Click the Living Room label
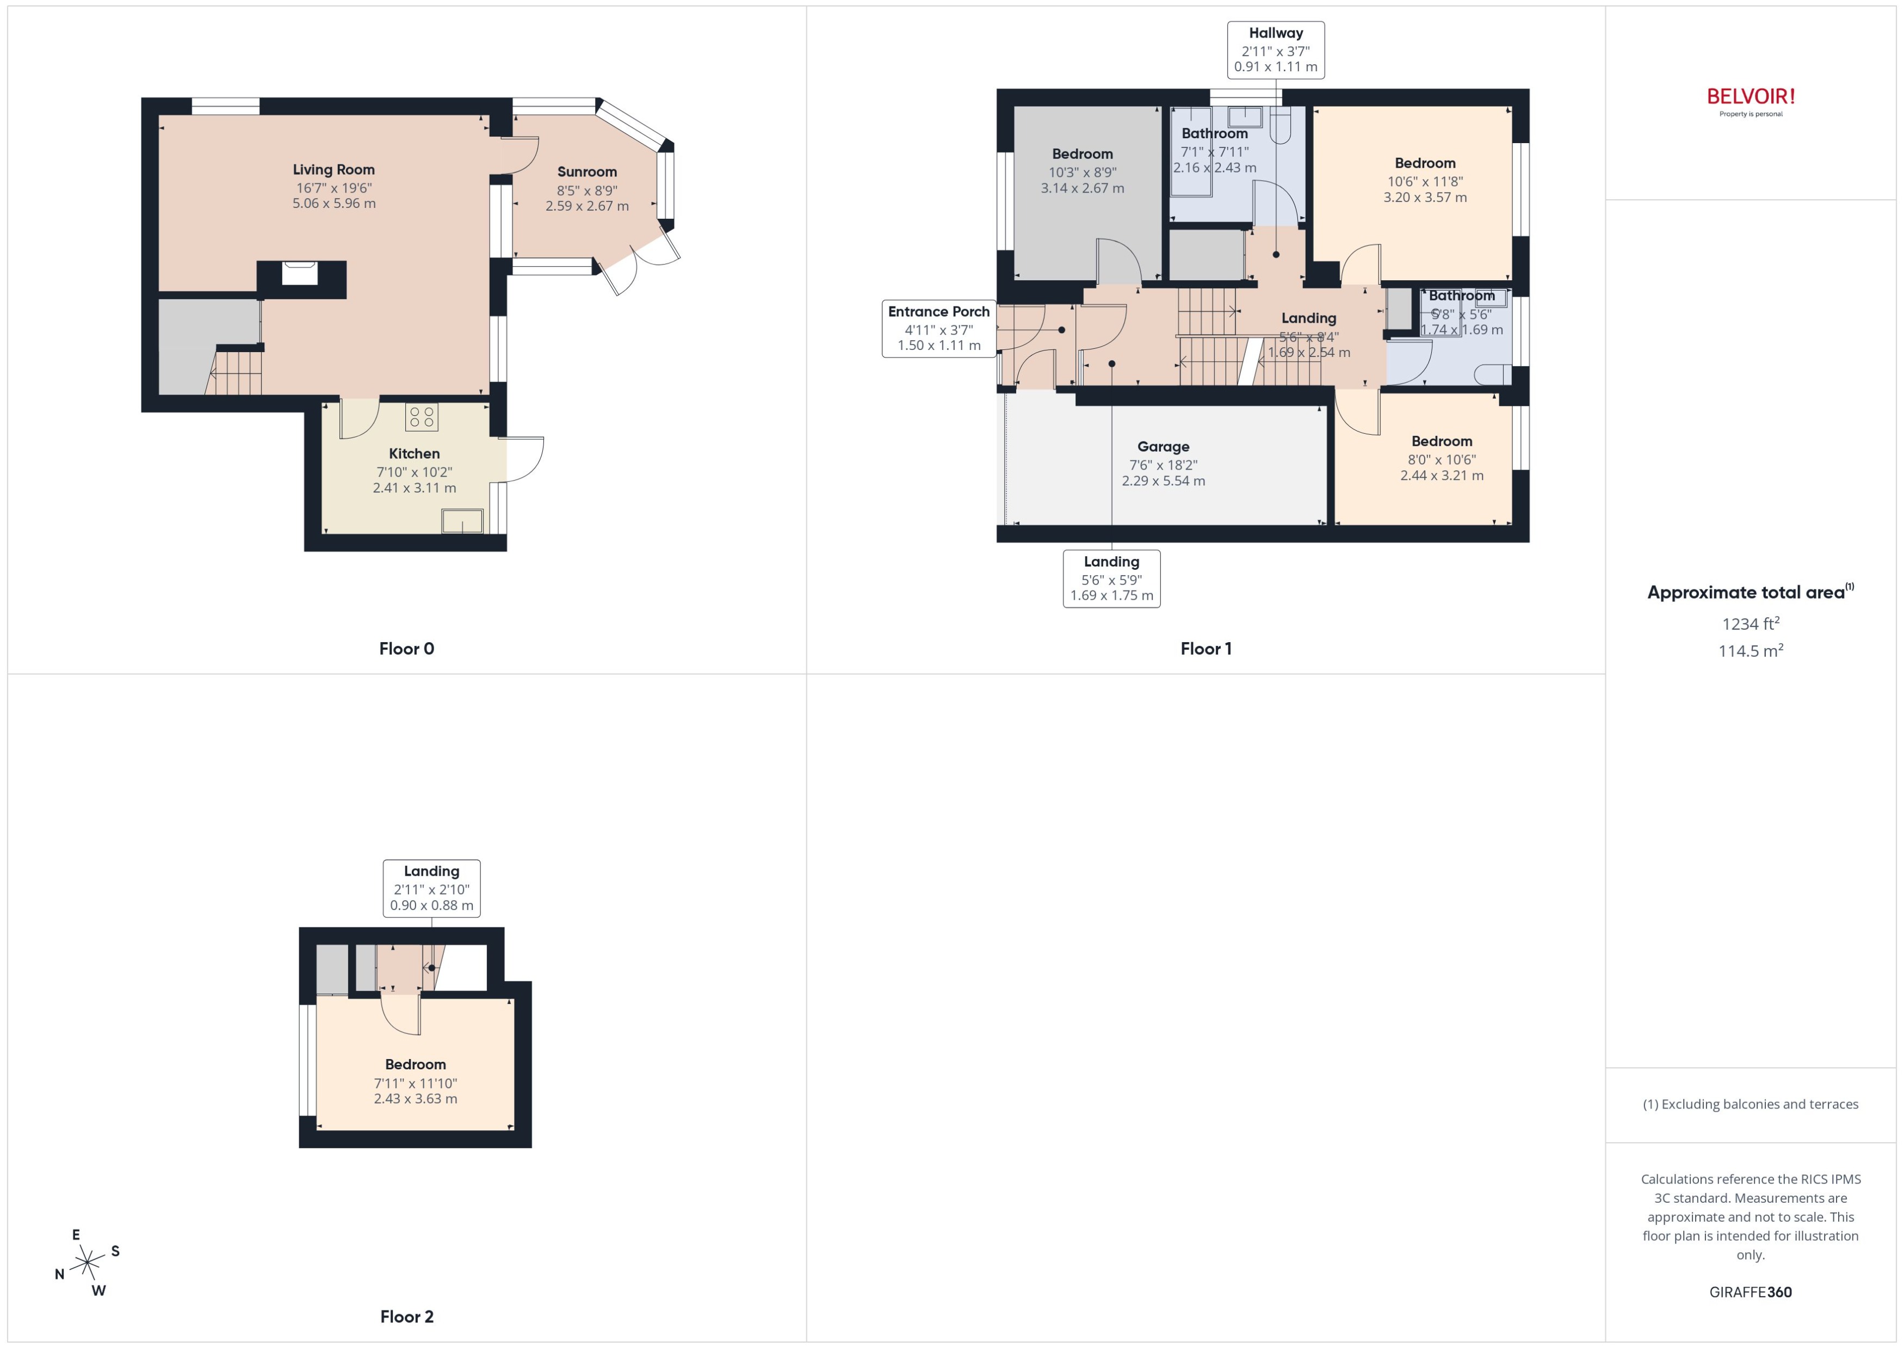[333, 169]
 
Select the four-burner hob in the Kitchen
[422, 417]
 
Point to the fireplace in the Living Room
[300, 274]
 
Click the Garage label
[1163, 447]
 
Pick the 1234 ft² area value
[1751, 623]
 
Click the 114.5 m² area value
[1751, 651]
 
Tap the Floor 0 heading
[406, 648]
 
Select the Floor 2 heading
[406, 1316]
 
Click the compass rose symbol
[87, 1263]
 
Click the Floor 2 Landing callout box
[431, 888]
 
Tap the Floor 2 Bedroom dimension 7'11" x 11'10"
[415, 1083]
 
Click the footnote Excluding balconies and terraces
[1751, 1104]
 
